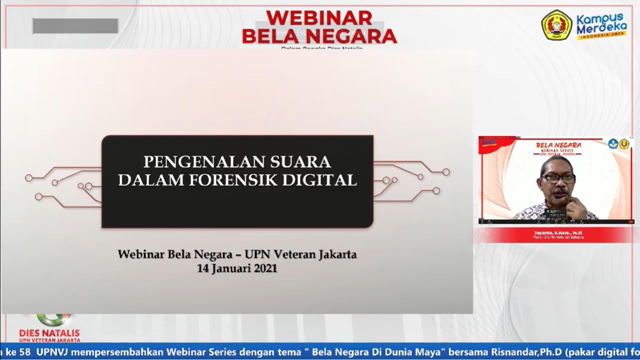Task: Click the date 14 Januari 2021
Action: (x=237, y=269)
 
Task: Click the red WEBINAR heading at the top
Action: (x=319, y=18)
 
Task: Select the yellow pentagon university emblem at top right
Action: (x=557, y=25)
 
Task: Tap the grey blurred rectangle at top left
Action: (x=75, y=26)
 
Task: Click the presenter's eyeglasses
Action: (x=558, y=179)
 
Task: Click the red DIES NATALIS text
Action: (x=49, y=332)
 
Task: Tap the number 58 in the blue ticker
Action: (x=25, y=352)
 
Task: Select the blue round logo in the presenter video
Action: (x=613, y=144)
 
